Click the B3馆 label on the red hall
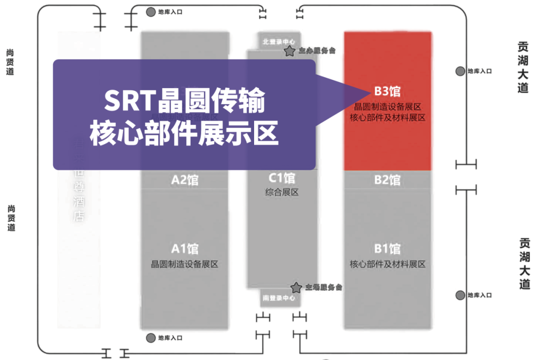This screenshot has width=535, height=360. tap(387, 92)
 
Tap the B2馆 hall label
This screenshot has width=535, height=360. tap(387, 180)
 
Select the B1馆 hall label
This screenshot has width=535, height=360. tap(387, 249)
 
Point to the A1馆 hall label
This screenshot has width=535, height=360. tap(185, 249)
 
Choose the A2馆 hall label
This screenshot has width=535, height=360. tap(185, 180)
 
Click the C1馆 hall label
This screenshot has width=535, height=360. tap(282, 178)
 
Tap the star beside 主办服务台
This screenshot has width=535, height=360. tap(289, 51)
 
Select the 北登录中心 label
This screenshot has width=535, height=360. tap(279, 42)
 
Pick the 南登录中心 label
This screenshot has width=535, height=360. tap(279, 298)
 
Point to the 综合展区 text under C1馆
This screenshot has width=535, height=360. tap(282, 192)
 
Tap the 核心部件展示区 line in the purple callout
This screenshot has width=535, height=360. tap(184, 133)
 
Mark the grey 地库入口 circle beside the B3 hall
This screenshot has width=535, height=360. tap(461, 71)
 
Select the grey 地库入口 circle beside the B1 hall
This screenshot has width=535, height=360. tap(461, 295)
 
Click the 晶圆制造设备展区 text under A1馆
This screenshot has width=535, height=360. tap(185, 264)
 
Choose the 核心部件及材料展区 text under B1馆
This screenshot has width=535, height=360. tap(387, 264)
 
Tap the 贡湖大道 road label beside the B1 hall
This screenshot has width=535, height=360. tap(524, 264)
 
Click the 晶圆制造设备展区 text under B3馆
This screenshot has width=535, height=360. tap(387, 107)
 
